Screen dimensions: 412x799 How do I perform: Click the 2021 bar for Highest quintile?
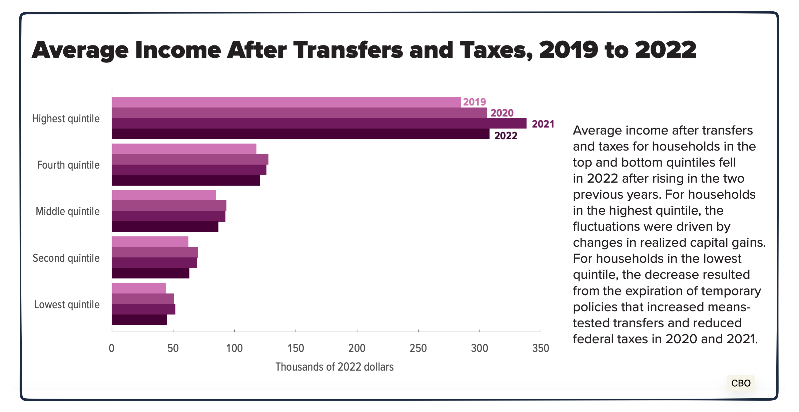pos(319,123)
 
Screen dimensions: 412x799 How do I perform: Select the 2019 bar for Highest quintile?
pos(286,102)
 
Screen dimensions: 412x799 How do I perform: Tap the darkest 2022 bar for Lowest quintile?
pos(139,320)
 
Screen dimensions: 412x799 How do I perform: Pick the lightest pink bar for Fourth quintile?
pos(184,149)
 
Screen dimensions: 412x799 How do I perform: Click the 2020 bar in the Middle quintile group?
pos(169,206)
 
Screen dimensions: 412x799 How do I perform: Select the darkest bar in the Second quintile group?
pos(150,273)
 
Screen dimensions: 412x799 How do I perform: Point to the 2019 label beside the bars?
pos(474,102)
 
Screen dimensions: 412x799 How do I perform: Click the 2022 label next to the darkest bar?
pos(506,136)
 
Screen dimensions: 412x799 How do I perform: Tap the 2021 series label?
pos(543,124)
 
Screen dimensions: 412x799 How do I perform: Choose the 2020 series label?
pos(502,113)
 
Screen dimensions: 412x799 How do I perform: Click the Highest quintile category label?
pos(66,119)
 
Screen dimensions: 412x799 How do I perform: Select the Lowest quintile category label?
pos(67,304)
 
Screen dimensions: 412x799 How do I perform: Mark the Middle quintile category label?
pos(68,211)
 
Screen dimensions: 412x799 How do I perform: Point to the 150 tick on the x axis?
pos(295,348)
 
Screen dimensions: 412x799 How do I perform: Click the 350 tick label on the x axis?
pos(541,348)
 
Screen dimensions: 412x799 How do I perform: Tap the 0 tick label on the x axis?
pos(112,348)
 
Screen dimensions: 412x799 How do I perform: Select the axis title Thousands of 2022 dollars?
pos(334,367)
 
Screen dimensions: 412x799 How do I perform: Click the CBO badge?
pos(741,383)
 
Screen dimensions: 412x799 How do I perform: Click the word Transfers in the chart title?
pos(348,50)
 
